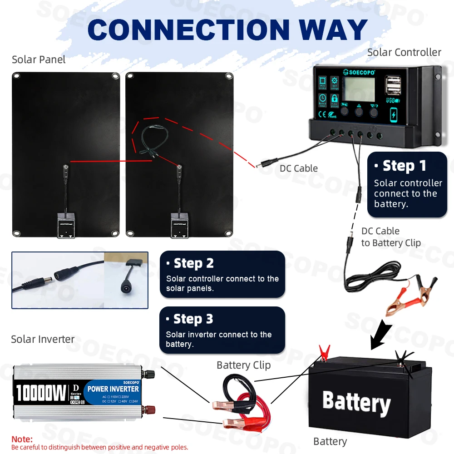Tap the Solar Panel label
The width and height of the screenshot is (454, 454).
(x=39, y=59)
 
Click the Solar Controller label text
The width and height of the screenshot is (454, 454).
(x=404, y=52)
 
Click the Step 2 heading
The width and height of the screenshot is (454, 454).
(x=190, y=263)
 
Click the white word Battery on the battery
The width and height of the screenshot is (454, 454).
(x=356, y=402)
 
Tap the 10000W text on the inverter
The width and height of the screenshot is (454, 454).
(x=41, y=393)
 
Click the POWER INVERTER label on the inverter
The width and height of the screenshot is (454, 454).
(x=113, y=389)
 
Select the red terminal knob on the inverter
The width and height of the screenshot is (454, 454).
(x=148, y=411)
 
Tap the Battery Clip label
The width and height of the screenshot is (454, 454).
(x=243, y=365)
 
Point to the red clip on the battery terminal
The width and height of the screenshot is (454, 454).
(x=324, y=352)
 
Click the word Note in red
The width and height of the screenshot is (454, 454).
(x=22, y=439)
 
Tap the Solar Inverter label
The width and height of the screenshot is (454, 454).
(x=43, y=339)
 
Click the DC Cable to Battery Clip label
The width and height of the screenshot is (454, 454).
(x=390, y=237)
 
